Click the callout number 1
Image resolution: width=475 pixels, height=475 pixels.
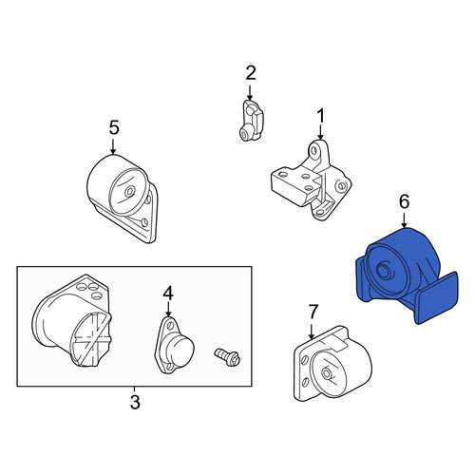click(321, 116)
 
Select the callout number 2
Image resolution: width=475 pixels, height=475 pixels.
click(251, 73)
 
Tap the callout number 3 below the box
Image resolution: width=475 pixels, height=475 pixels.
click(135, 403)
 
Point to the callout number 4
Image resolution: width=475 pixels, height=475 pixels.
click(168, 293)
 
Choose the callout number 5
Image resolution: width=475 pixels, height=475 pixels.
click(114, 127)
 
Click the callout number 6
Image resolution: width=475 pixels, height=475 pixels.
click(405, 201)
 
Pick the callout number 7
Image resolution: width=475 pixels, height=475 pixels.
click(313, 312)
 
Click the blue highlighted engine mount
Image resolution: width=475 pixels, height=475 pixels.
click(407, 276)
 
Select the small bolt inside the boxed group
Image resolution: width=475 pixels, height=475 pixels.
click(228, 357)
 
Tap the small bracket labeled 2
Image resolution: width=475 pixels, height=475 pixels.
click(251, 121)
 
